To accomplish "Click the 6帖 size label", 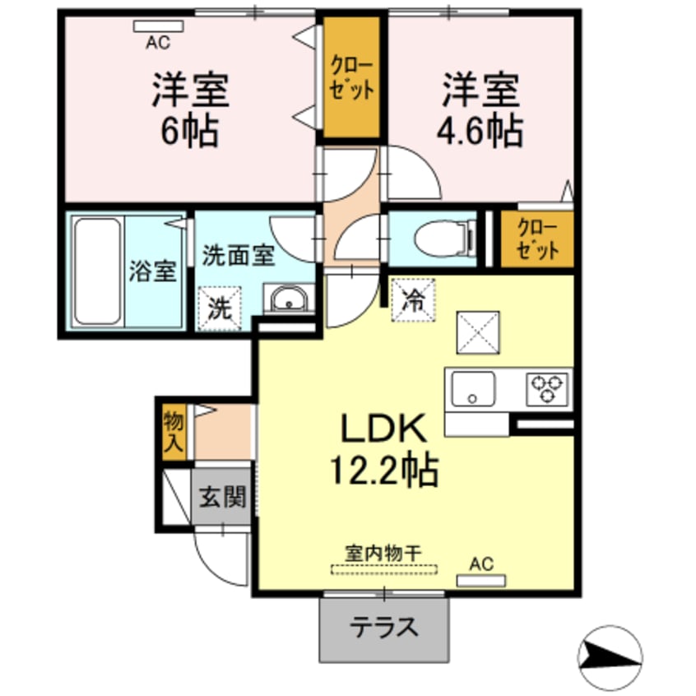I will coord(189,132).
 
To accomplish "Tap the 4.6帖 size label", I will coord(482,132).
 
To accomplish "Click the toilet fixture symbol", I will coord(444,239).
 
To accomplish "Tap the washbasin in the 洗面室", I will coord(288,299).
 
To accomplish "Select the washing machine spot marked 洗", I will coord(219,309).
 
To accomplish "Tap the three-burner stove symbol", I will coord(547,387).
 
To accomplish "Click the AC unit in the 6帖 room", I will coord(159,26).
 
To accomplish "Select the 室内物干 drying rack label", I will coord(385,554).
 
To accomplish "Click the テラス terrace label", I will coord(384,629).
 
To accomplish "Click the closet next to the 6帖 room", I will coord(351,79).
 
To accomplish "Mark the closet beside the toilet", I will coord(537,239).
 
